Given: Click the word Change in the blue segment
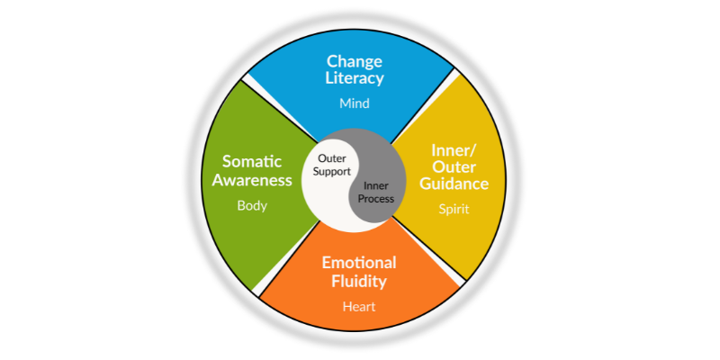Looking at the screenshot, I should (x=355, y=61).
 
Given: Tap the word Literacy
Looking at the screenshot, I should (x=355, y=78).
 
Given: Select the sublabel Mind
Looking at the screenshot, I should (x=355, y=103).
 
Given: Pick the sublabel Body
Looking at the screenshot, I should (x=253, y=205).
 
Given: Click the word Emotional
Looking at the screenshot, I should (x=358, y=263).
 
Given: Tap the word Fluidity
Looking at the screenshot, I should (x=358, y=281).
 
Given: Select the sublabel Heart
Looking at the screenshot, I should (x=358, y=306).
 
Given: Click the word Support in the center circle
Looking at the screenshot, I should (x=333, y=171).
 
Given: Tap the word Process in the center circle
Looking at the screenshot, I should (x=378, y=199).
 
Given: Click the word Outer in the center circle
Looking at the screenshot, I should (x=333, y=158).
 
